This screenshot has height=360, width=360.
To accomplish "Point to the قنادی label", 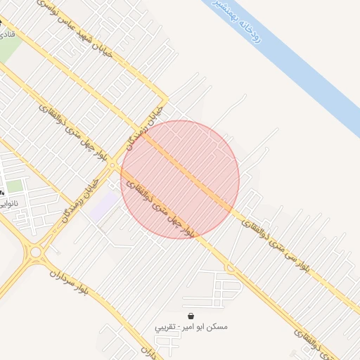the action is coord(5,33).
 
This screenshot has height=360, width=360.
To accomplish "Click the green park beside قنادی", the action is coord(10,53).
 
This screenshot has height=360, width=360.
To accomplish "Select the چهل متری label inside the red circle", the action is coord(158,208).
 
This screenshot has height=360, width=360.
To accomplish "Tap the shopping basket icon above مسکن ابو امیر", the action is coord(192,316).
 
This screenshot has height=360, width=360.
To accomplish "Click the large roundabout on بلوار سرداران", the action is coord(35,251).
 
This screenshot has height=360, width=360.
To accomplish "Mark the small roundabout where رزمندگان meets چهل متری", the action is coord(112,165).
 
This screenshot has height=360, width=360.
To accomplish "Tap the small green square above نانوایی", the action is coord(15,186).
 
